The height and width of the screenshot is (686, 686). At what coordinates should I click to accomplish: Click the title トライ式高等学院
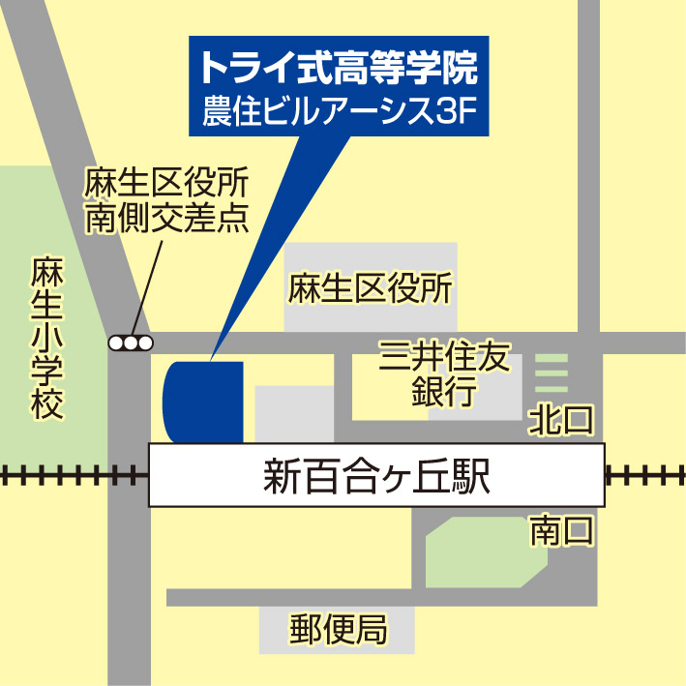(x=338, y=69)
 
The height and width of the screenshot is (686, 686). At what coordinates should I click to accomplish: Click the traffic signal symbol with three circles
(x=131, y=343)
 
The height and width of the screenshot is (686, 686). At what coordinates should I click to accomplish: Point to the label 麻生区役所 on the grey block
(x=370, y=288)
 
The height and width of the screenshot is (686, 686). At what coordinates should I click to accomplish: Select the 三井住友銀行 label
(x=444, y=375)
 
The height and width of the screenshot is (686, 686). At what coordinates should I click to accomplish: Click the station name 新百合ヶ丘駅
(x=376, y=476)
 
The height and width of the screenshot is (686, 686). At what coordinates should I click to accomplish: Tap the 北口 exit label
(x=560, y=421)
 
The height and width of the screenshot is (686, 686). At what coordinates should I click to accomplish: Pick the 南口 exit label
(x=560, y=531)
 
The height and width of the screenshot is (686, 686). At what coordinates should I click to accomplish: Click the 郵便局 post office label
(x=338, y=631)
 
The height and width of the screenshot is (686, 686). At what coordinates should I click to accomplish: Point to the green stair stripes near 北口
(x=552, y=373)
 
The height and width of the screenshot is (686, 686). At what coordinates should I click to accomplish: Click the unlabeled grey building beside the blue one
(x=293, y=413)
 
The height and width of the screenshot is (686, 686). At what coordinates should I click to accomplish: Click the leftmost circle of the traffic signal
(x=116, y=343)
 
